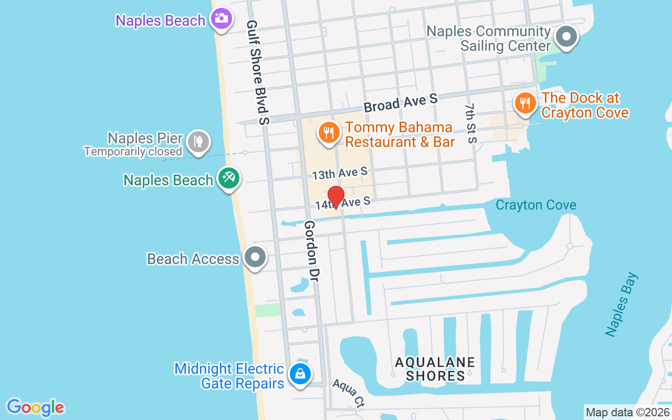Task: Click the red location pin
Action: click(x=336, y=197)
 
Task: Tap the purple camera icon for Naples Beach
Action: click(x=221, y=19)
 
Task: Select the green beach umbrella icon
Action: click(x=229, y=178)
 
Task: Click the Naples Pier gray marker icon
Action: click(x=199, y=141)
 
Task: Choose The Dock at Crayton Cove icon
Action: click(x=524, y=102)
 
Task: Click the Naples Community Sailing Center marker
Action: click(x=566, y=37)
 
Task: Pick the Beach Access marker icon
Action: click(x=256, y=257)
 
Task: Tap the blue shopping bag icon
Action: click(x=299, y=374)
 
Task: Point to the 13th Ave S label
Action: click(x=340, y=173)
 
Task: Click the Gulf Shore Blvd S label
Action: click(x=258, y=72)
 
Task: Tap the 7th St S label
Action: click(x=470, y=123)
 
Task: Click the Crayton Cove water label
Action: click(x=535, y=205)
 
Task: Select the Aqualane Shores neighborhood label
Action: click(x=435, y=369)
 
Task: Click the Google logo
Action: click(x=35, y=407)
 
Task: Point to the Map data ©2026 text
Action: click(x=628, y=413)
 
